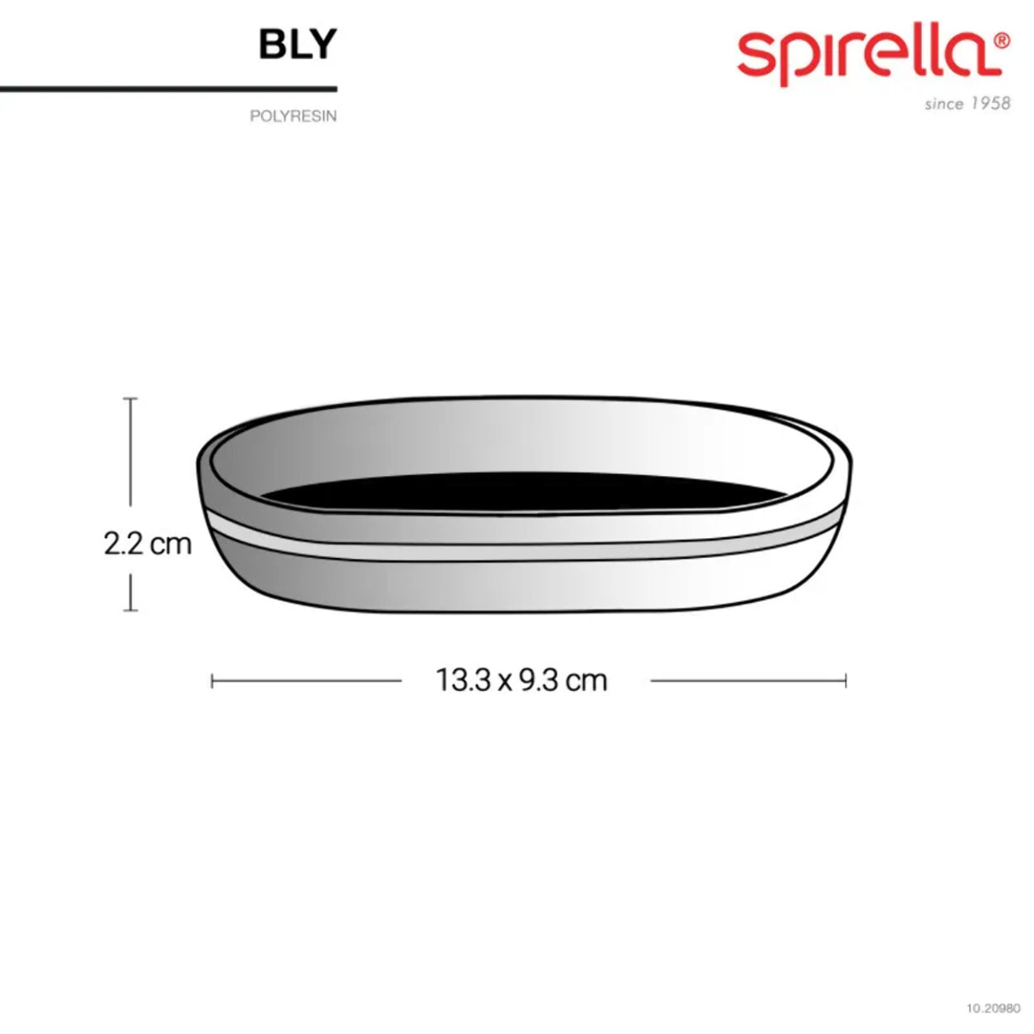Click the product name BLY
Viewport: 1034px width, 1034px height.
tap(298, 44)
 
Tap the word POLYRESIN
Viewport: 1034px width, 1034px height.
tap(293, 116)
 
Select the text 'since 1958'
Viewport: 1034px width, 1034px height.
tap(968, 103)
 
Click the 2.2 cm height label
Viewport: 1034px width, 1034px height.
tap(148, 544)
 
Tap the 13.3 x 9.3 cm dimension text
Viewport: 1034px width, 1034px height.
tap(522, 680)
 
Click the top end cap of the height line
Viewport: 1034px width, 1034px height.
tap(130, 399)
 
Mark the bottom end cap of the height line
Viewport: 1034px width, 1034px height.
tap(130, 610)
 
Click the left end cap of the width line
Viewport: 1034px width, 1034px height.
tap(212, 682)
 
